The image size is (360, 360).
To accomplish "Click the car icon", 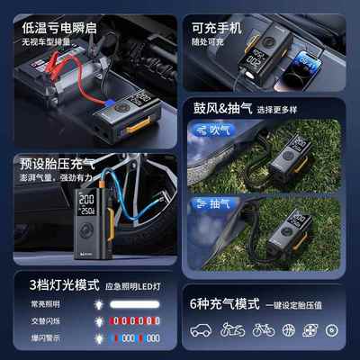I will [201, 330].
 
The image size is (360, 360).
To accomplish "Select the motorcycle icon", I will [232, 330].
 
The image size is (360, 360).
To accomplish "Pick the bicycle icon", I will [263, 330].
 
